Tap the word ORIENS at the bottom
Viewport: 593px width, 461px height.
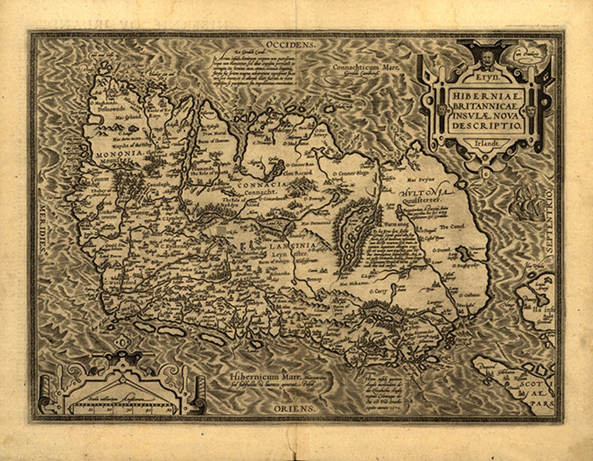(294, 409)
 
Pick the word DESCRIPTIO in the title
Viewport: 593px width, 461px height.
(482, 126)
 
